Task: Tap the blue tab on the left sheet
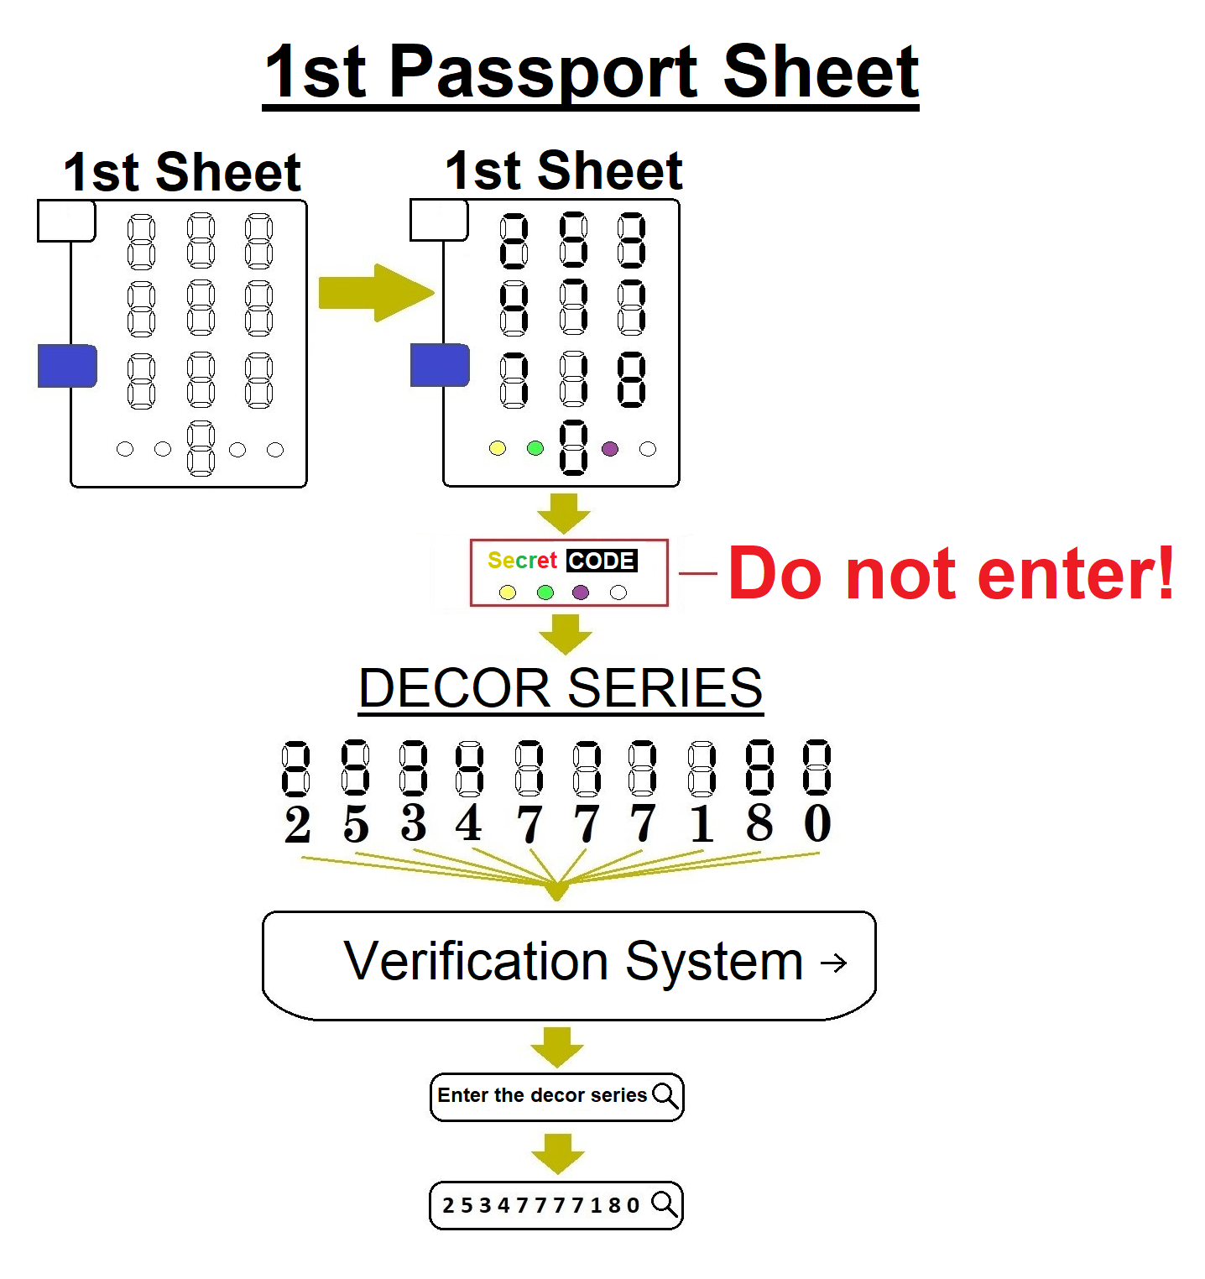click(67, 366)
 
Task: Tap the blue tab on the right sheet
click(439, 366)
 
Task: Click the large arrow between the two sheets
click(376, 293)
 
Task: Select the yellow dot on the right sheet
click(498, 448)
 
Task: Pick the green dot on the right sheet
click(535, 448)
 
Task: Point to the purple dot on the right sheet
click(610, 449)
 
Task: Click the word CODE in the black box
click(602, 561)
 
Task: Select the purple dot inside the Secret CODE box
click(581, 593)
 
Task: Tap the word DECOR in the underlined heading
click(454, 689)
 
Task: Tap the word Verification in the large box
click(476, 961)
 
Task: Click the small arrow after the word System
click(833, 963)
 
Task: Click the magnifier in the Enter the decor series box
click(665, 1095)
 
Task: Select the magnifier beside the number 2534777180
click(665, 1204)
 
